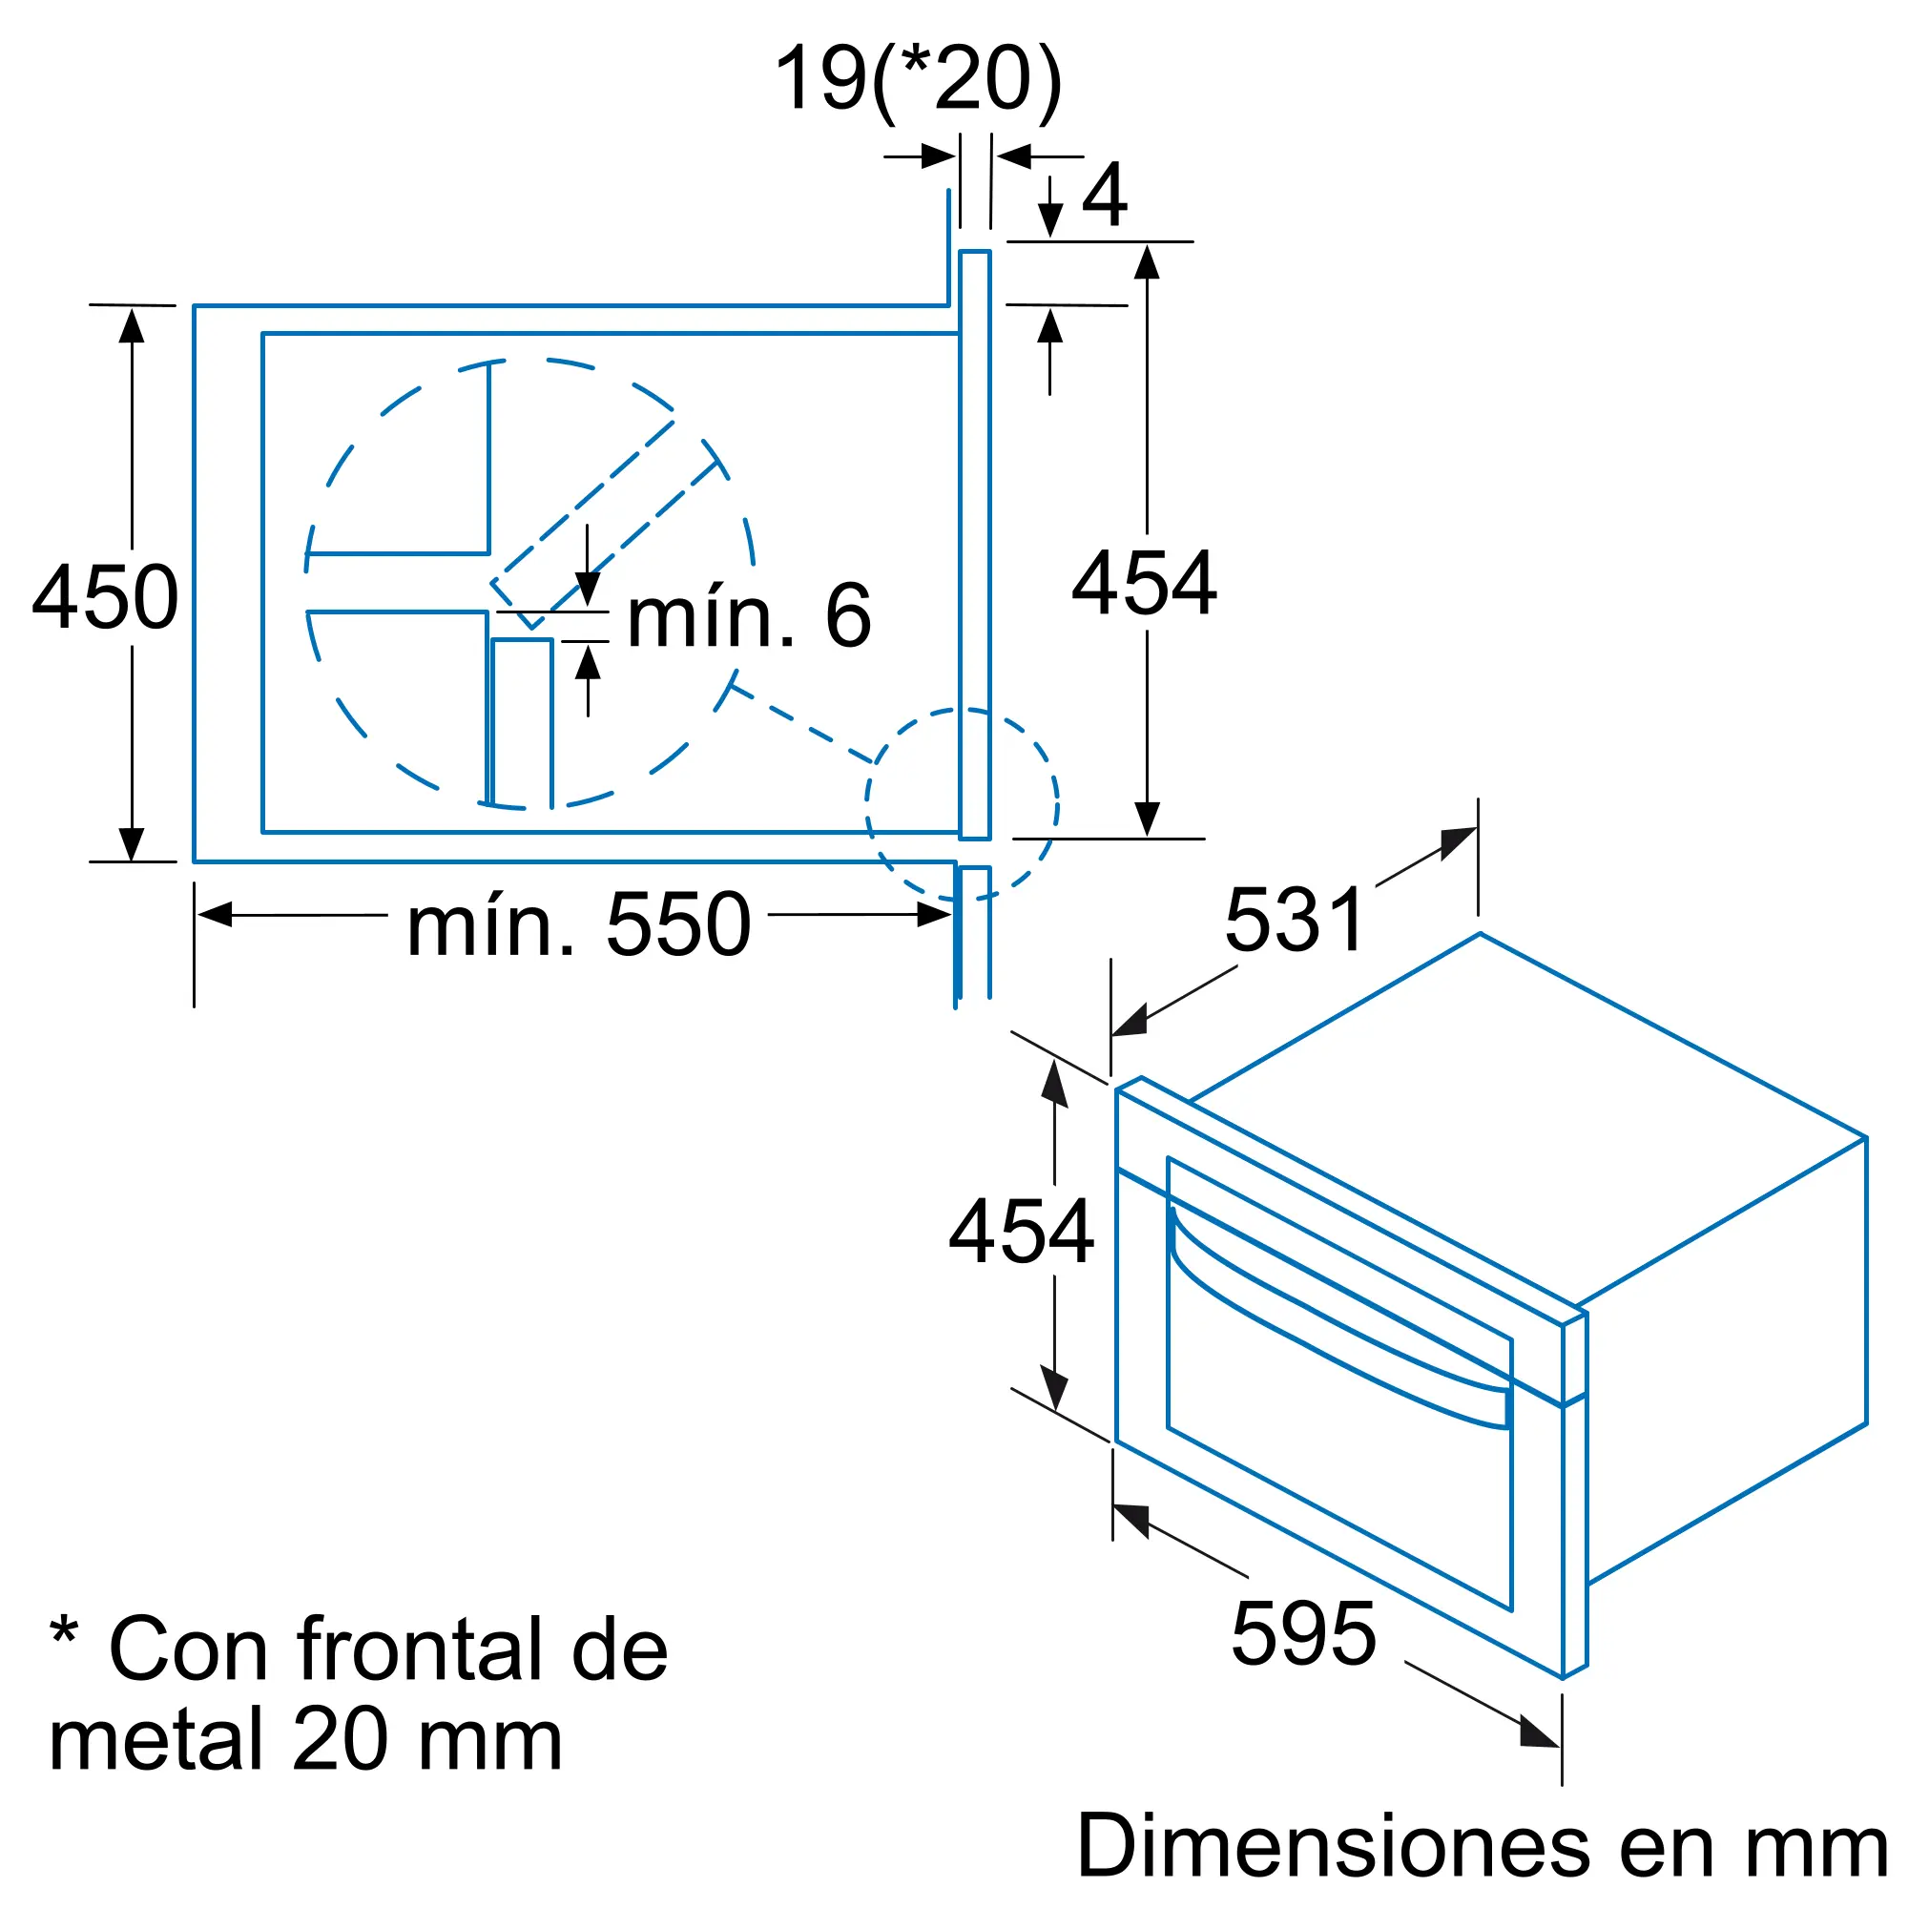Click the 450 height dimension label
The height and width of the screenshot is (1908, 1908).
106,597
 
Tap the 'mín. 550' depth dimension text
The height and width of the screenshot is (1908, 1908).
579,925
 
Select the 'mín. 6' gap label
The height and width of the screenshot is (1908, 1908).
750,617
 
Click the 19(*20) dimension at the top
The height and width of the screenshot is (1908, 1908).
919,79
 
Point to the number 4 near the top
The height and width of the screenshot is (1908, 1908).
1104,195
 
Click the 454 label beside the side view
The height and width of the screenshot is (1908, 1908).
1145,584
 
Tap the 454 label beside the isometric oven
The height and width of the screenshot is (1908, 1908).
1021,1232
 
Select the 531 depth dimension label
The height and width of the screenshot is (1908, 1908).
1296,921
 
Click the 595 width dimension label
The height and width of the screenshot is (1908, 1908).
1303,1634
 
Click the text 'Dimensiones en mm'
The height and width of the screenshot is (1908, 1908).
1482,1846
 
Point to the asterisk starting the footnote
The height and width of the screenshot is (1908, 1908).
64,1630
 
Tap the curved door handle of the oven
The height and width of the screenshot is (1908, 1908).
1334,1323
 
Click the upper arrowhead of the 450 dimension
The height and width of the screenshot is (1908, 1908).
132,325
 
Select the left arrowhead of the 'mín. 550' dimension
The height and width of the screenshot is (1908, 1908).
215,915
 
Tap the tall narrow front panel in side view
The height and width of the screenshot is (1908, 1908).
975,543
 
